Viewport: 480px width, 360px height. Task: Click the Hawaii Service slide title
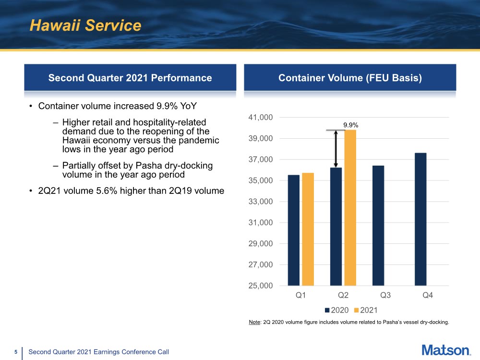tap(85, 25)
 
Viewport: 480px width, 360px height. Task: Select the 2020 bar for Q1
tap(294, 230)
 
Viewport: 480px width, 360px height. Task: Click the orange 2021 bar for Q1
tap(308, 229)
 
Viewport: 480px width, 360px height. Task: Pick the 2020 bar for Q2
tap(336, 227)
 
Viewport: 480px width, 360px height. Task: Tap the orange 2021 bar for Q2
tap(350, 208)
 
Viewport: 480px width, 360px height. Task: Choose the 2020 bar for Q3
tap(378, 226)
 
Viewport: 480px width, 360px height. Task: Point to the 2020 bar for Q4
tap(420, 219)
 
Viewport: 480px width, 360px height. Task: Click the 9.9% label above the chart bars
tap(350, 125)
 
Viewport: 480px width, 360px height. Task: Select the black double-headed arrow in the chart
tap(336, 149)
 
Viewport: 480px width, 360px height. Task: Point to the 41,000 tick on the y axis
tap(261, 117)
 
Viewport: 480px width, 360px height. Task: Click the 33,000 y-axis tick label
tap(261, 202)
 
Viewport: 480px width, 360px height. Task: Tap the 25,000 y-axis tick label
tap(261, 286)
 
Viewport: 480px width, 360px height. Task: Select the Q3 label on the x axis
tap(385, 295)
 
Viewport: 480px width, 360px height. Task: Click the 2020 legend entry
tap(337, 310)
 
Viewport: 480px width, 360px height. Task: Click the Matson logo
tap(446, 350)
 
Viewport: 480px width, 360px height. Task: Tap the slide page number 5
tap(16, 352)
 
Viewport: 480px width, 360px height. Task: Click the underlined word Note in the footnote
tap(254, 322)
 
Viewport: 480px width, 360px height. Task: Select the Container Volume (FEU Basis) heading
tap(350, 78)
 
